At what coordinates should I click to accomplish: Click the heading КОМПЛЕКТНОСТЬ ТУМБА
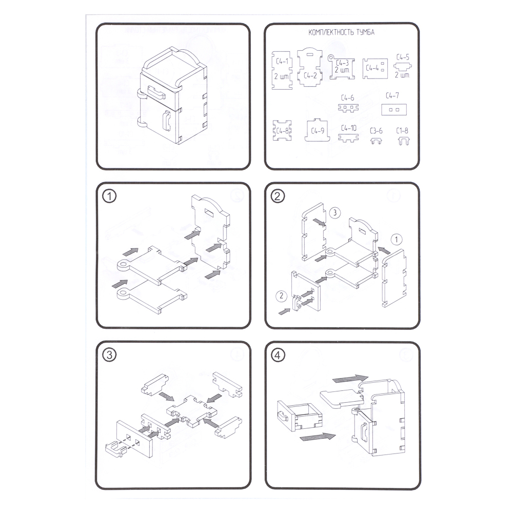tap(341, 32)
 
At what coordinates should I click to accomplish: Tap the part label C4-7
tap(392, 95)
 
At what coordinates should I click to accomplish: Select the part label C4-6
tap(347, 98)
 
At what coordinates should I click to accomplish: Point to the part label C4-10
tap(349, 128)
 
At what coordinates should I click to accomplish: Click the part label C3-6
tap(376, 131)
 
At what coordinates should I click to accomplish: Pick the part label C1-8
tap(402, 131)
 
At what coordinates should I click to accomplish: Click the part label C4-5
tap(403, 57)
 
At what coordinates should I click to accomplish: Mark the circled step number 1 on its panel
tap(109, 196)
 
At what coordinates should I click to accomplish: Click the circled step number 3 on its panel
tap(109, 355)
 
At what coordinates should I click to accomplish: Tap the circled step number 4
tap(278, 355)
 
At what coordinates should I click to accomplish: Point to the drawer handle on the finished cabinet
tap(156, 92)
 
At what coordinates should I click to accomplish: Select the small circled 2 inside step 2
tap(281, 296)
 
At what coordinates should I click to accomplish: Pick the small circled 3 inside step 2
tap(334, 213)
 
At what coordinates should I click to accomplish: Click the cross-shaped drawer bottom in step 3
tap(191, 411)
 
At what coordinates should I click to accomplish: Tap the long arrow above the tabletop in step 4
tap(350, 379)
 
